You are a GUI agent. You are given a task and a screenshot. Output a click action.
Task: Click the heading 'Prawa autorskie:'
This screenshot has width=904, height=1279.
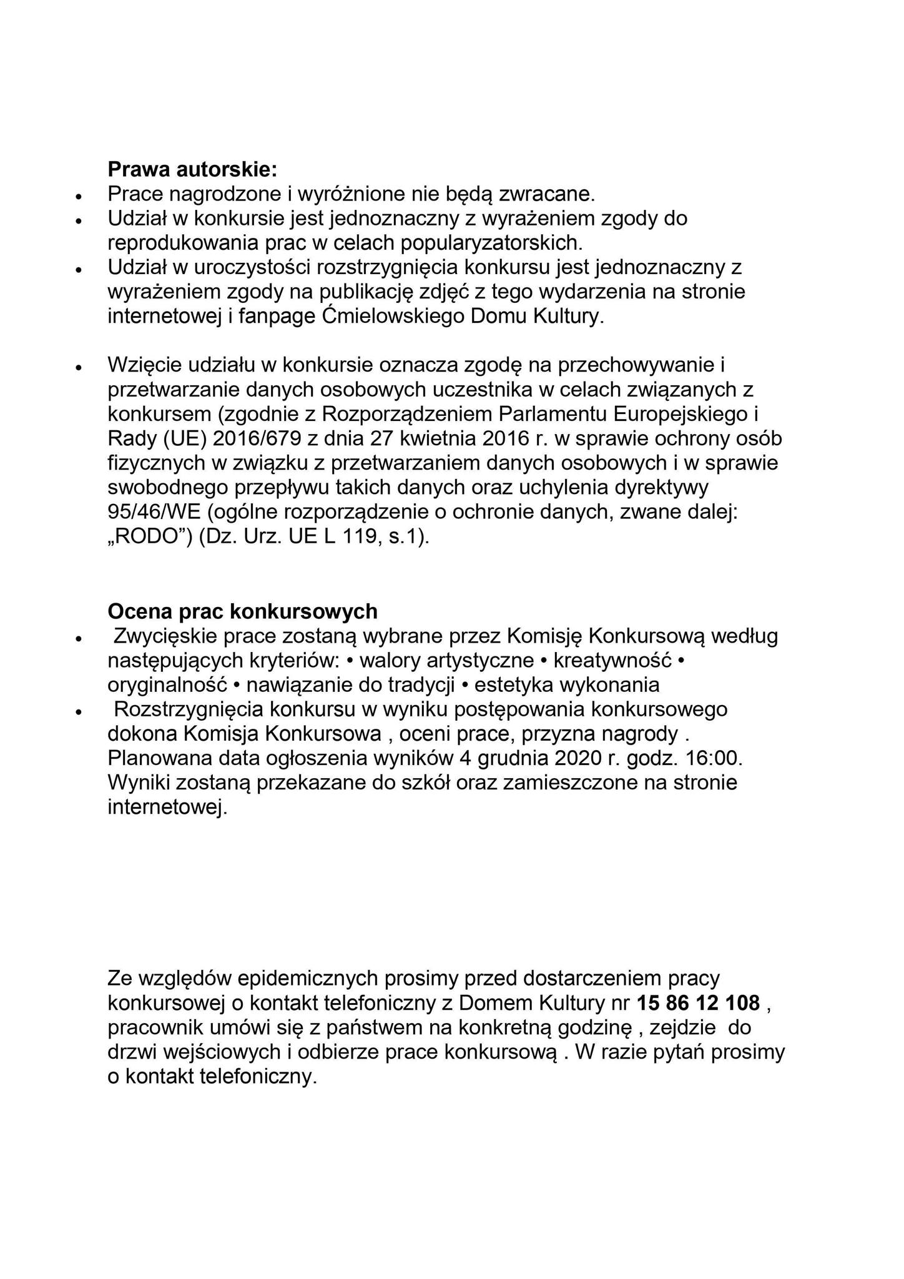pyautogui.click(x=192, y=169)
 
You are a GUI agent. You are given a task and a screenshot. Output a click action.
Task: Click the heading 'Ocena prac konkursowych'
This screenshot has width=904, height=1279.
pyautogui.click(x=242, y=610)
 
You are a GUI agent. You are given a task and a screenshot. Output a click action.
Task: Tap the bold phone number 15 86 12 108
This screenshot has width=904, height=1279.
pyautogui.click(x=699, y=1003)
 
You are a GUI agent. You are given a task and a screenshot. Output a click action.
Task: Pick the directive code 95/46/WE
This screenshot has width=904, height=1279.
pyautogui.click(x=154, y=512)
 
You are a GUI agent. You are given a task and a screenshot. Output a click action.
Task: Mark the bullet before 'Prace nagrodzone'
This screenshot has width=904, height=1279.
pyautogui.click(x=79, y=196)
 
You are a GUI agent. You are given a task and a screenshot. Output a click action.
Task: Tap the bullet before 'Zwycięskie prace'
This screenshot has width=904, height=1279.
pyautogui.click(x=79, y=638)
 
